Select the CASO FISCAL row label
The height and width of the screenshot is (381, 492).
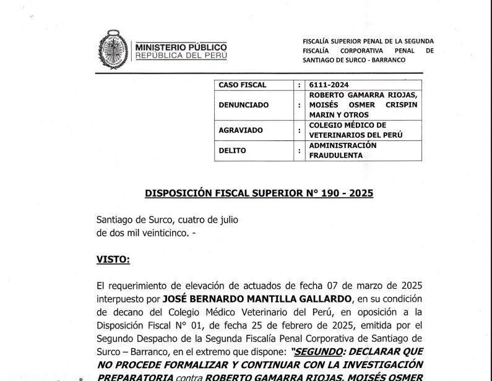tap(243, 85)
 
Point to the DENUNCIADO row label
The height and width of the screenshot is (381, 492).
tap(244, 105)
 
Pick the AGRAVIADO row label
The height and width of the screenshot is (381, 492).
tap(241, 130)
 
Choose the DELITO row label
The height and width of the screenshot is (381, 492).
tap(232, 150)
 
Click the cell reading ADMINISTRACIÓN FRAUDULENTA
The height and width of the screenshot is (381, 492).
tap(342, 150)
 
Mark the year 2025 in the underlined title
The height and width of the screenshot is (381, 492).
tap(360, 192)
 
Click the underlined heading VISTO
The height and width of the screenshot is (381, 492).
tap(113, 260)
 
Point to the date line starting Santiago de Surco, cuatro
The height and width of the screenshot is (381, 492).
tap(167, 219)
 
